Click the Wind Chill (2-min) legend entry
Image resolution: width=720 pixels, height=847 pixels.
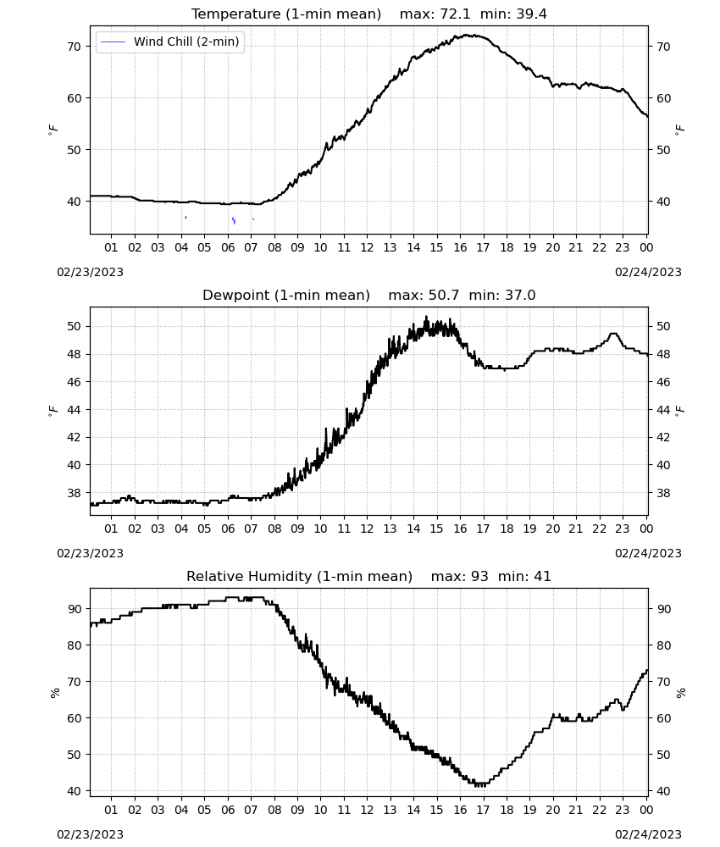(x=170, y=42)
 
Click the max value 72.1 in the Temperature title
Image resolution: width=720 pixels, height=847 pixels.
(x=455, y=14)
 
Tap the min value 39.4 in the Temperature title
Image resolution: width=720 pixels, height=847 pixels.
(x=531, y=14)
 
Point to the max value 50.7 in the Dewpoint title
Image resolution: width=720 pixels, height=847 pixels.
(x=444, y=296)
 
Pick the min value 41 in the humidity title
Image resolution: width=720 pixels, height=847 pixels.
(x=542, y=576)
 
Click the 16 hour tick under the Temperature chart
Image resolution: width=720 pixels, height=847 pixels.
(x=460, y=247)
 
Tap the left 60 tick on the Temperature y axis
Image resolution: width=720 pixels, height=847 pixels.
(x=74, y=98)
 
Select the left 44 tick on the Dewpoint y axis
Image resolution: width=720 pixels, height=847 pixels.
(x=74, y=410)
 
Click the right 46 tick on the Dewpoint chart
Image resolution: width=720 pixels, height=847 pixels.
(x=663, y=382)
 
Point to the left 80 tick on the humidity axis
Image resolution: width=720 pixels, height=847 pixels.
(x=74, y=645)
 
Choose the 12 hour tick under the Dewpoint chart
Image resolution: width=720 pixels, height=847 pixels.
(x=367, y=529)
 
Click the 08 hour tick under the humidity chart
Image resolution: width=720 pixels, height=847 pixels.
(x=274, y=810)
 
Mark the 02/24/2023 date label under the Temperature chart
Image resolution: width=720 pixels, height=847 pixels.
(x=648, y=272)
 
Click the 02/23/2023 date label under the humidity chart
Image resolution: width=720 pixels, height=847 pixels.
(x=90, y=834)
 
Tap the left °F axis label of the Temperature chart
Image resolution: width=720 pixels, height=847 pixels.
(x=53, y=130)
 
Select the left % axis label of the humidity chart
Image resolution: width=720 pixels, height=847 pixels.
(x=54, y=693)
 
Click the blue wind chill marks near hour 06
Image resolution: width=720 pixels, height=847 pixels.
(x=234, y=220)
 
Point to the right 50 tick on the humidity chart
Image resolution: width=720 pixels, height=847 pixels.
(x=663, y=755)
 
